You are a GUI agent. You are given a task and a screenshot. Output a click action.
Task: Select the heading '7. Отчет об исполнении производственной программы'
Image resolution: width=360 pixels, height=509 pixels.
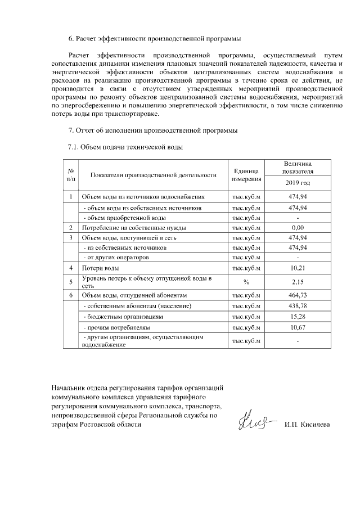pos(152,131)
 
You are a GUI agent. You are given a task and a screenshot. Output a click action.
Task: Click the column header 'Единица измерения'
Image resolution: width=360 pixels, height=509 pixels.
pos(246,174)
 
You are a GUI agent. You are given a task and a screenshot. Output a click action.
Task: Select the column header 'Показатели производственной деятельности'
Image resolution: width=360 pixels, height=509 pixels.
pos(149,174)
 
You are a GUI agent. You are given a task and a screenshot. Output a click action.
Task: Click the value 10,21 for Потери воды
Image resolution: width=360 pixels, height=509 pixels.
pos(297,268)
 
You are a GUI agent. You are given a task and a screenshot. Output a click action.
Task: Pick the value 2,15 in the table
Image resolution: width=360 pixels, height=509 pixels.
pos(297,282)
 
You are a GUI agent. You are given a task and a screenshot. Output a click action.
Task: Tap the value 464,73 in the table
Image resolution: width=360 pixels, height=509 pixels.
pos(297,295)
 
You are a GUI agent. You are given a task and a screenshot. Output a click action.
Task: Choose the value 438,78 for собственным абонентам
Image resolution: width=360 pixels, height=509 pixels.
pos(297,306)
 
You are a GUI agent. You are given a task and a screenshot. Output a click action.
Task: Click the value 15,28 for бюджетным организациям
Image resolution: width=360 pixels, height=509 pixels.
pos(297,317)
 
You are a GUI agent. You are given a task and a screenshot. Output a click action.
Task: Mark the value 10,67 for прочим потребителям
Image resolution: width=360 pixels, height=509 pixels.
pos(297,327)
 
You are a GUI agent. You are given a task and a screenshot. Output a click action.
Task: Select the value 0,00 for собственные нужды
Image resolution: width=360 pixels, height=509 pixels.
pos(297,228)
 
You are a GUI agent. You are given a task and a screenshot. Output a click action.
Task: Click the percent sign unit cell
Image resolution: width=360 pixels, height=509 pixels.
pos(246,282)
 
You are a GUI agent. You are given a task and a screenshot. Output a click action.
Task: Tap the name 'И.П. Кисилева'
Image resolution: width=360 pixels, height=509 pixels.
pos(307,424)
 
